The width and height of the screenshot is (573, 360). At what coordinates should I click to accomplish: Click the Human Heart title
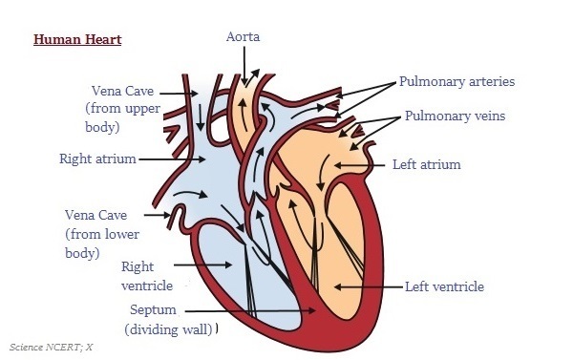(x=77, y=40)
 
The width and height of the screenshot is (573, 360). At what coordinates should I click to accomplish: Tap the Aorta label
(x=244, y=37)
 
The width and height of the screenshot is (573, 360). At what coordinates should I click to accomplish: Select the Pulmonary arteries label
(x=456, y=82)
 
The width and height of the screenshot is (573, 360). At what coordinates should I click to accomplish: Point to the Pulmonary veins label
(x=454, y=116)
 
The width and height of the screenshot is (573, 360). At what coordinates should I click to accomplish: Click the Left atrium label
(x=426, y=164)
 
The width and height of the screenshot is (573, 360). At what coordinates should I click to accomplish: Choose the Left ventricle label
(x=444, y=286)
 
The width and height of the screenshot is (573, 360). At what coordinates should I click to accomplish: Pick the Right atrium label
(x=97, y=159)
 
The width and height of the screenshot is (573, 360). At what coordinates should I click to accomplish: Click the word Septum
(x=152, y=310)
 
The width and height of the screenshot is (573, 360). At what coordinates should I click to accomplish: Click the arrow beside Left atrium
(x=360, y=164)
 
